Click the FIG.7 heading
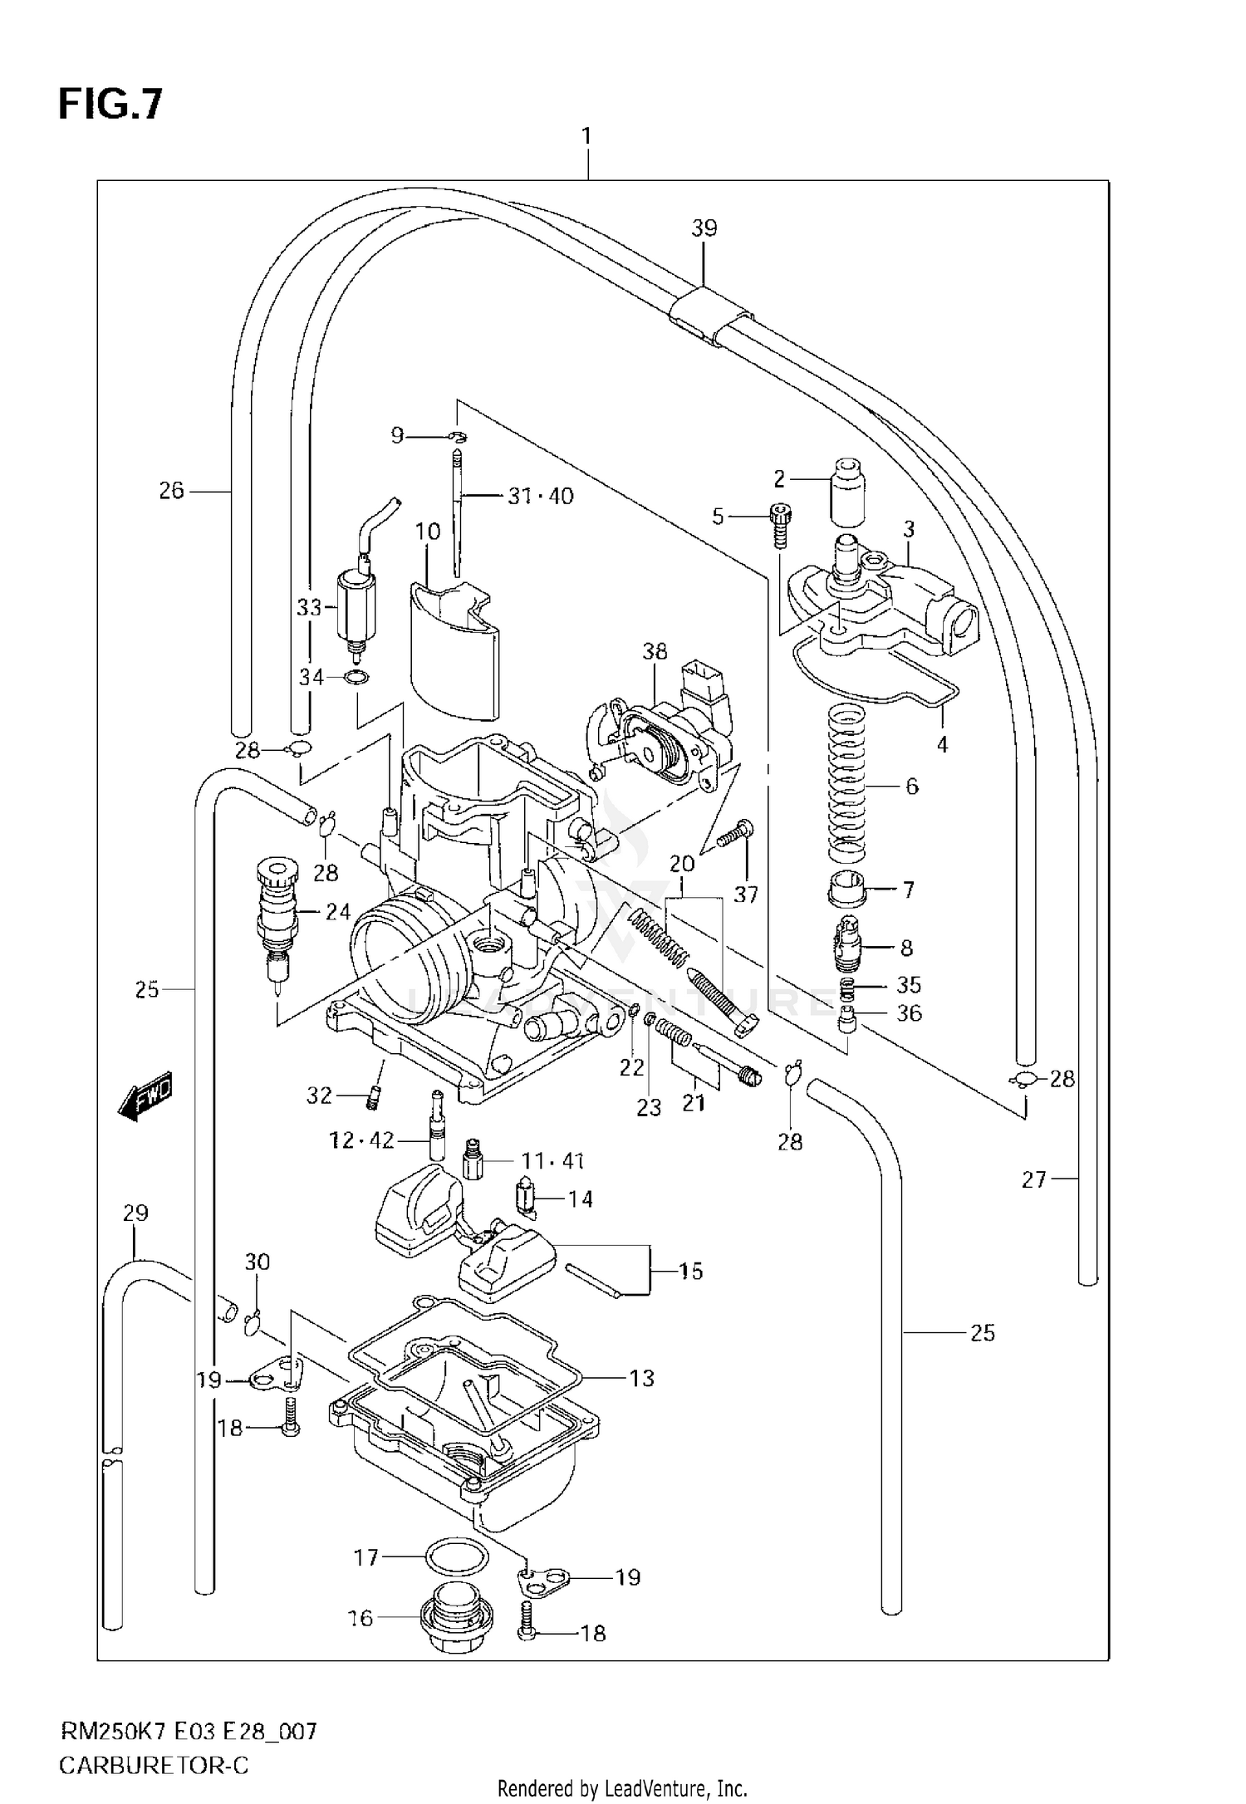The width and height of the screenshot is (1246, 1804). pos(110,105)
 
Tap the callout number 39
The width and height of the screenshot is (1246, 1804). pos(704,228)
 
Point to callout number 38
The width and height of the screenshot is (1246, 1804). pos(655,652)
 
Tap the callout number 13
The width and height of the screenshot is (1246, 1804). pos(642,1379)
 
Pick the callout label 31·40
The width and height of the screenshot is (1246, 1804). pos(541,497)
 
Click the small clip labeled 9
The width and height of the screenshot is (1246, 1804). pos(457,436)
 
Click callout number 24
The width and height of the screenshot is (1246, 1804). pos(337,912)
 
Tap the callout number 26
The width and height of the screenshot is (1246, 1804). pos(171,491)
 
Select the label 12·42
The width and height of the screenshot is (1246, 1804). pos(361,1140)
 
